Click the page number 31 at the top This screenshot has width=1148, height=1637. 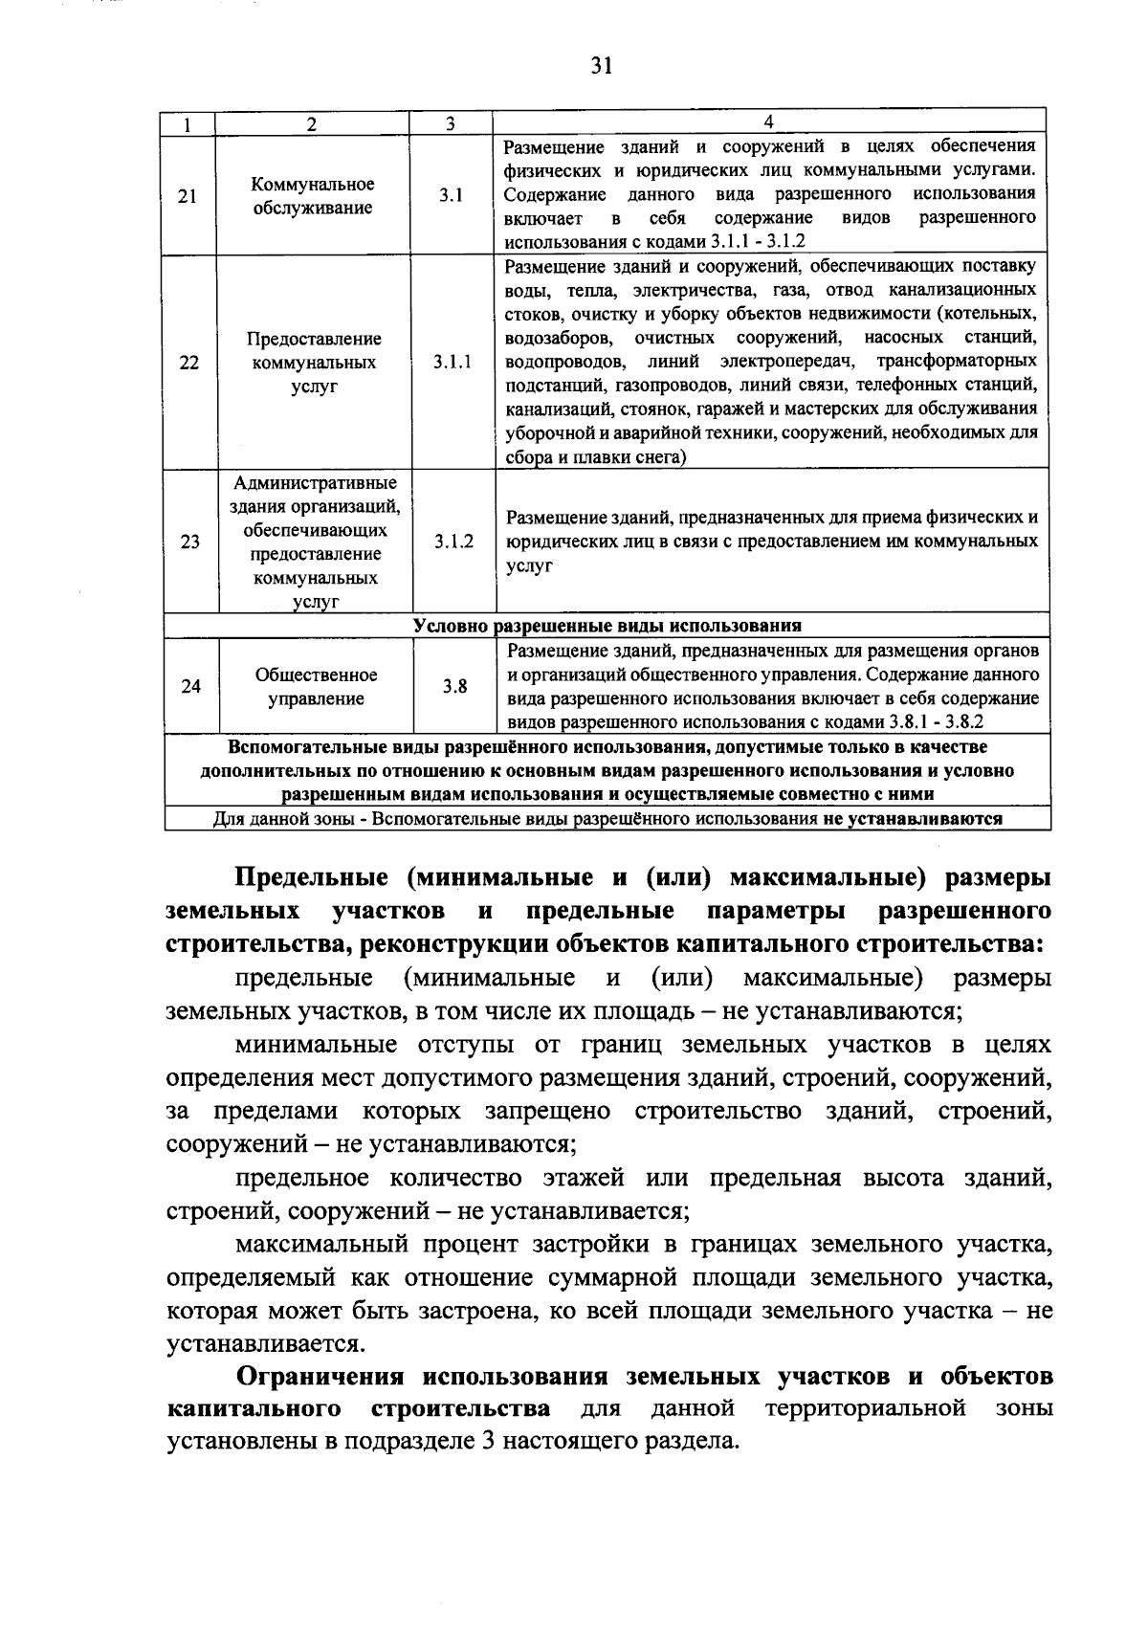coord(601,65)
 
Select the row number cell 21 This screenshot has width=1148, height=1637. coord(188,196)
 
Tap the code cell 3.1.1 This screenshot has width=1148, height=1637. coord(452,363)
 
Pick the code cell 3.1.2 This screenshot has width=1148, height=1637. coord(453,542)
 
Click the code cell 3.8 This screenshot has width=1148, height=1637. coord(454,687)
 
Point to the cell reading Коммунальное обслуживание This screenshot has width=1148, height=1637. coord(313,196)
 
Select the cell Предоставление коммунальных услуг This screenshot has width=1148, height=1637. coord(314,363)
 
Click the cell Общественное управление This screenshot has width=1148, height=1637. coord(316,687)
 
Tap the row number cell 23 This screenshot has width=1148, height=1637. coord(190,542)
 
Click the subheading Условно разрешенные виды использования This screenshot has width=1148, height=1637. coord(607,626)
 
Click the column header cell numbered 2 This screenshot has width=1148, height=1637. coord(312,124)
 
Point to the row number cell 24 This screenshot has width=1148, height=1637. coord(191,687)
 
